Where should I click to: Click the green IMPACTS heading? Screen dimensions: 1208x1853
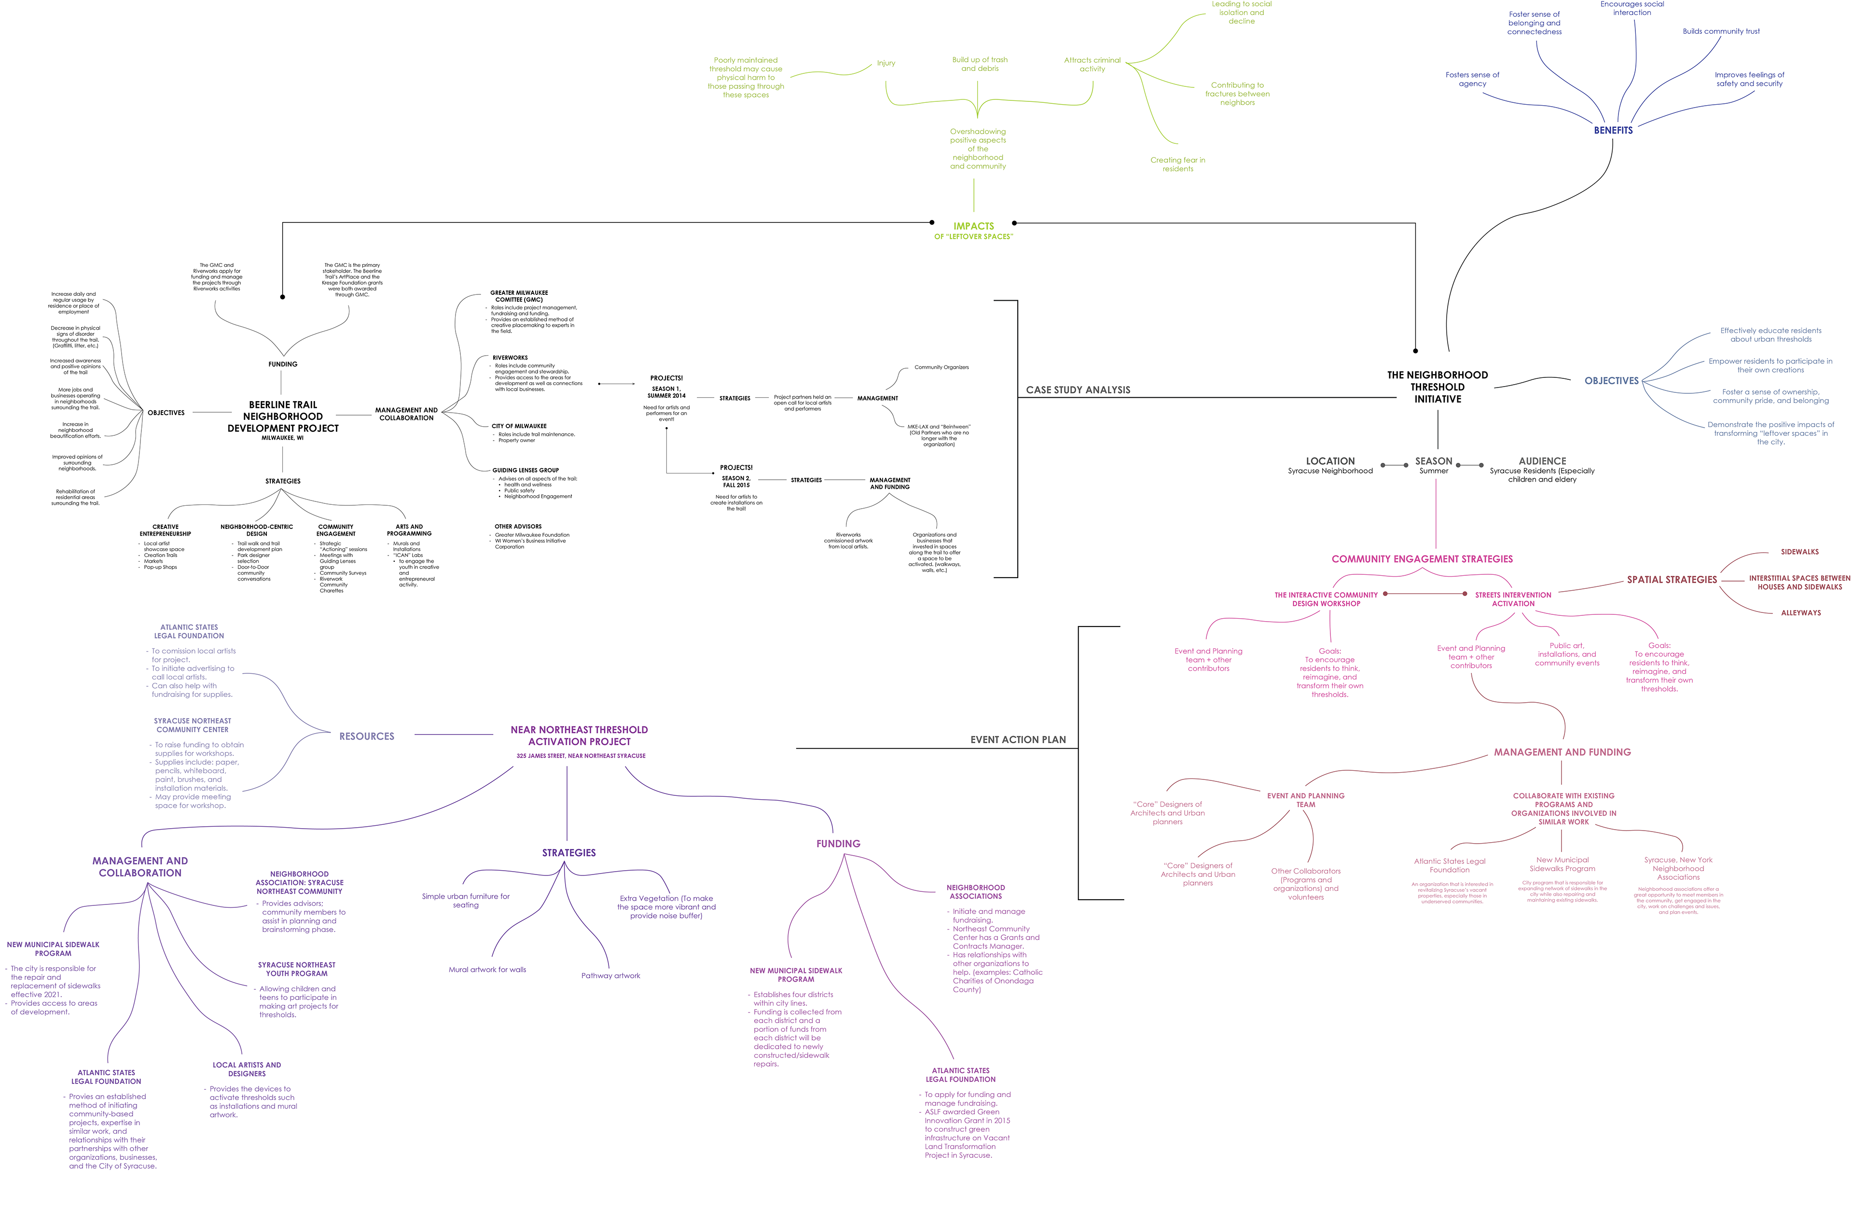[x=973, y=226]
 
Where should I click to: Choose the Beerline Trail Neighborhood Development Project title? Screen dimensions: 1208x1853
[x=283, y=417]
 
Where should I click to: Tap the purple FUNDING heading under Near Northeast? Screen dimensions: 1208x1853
[x=838, y=844]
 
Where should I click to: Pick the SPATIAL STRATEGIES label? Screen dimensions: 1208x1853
[x=1672, y=580]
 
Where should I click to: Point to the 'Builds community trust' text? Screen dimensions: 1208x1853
[x=1721, y=32]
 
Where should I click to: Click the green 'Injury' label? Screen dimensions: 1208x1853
[x=886, y=64]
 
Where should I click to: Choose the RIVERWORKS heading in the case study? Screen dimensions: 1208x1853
[x=510, y=358]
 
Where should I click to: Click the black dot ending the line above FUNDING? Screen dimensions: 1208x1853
[x=283, y=297]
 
